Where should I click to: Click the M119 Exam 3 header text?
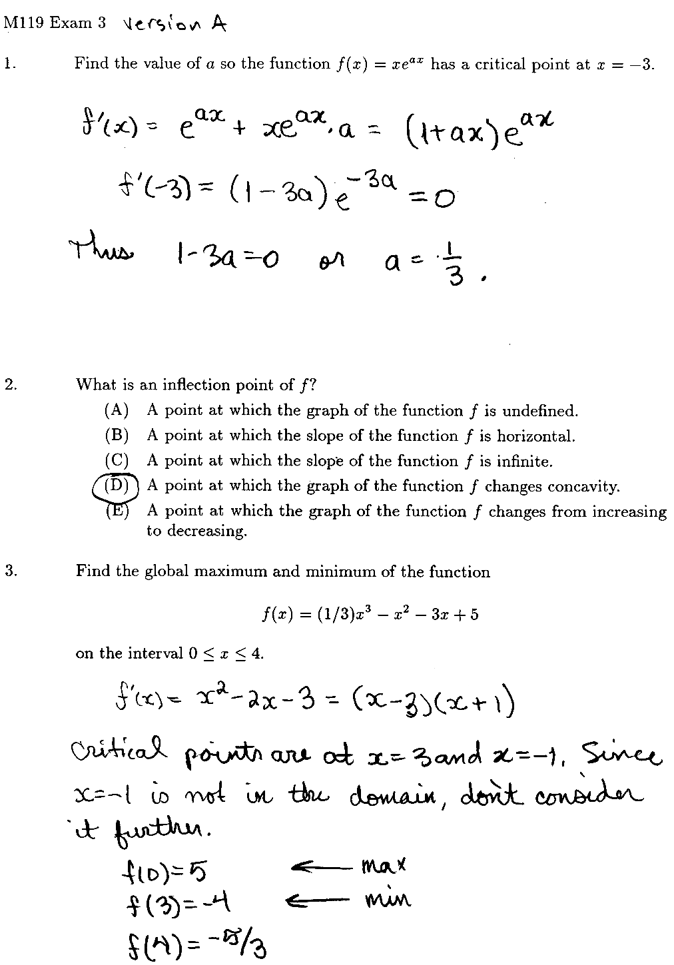tap(55, 23)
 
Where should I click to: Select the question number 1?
tap(8, 65)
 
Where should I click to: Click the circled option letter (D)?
tap(117, 485)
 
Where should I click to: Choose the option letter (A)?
tap(117, 411)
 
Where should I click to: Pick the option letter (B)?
tap(117, 436)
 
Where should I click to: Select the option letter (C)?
tap(117, 461)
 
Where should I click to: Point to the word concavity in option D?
tap(583, 486)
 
